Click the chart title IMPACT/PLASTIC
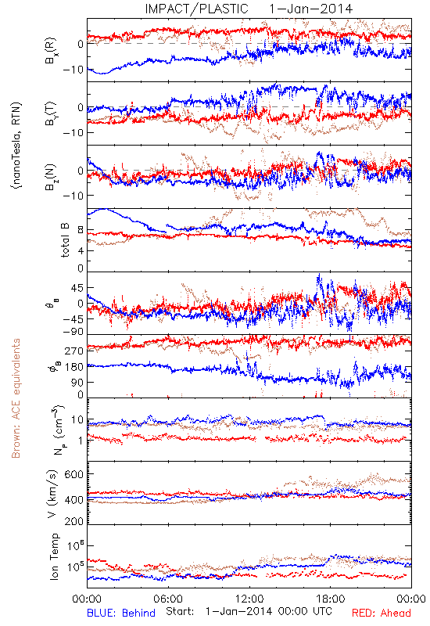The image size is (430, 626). click(x=196, y=9)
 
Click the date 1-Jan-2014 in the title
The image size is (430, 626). click(x=310, y=9)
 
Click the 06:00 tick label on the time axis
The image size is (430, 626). click(x=168, y=599)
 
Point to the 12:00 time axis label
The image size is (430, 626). click(x=249, y=599)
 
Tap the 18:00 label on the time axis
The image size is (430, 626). click(x=331, y=599)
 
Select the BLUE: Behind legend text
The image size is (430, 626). click(x=121, y=613)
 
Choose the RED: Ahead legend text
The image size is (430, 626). click(x=382, y=613)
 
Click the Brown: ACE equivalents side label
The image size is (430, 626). click(x=16, y=398)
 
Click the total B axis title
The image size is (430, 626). click(x=65, y=240)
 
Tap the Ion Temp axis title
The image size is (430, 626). click(x=54, y=556)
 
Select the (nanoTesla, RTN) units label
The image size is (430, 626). click(x=16, y=145)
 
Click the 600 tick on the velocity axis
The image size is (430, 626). click(x=74, y=474)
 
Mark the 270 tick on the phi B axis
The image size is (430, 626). click(x=74, y=351)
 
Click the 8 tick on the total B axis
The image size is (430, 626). click(x=81, y=230)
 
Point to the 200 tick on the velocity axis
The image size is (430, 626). click(x=74, y=521)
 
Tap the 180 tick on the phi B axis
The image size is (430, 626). click(x=74, y=367)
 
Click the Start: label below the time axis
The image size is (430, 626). click(x=181, y=611)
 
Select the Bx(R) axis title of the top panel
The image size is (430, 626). click(x=51, y=51)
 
